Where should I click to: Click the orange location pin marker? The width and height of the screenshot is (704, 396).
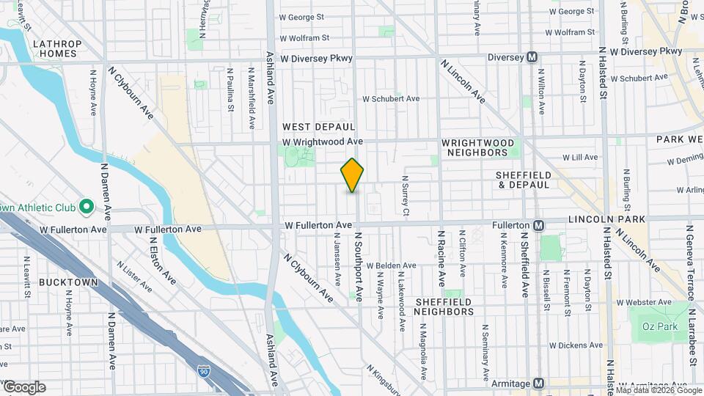coord(352,175)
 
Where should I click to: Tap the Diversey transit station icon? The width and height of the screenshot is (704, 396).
coord(533,57)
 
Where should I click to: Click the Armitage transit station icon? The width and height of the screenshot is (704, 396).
coord(539,384)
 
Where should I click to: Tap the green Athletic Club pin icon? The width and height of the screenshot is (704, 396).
coord(86,207)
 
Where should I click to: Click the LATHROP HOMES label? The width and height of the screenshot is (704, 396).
coord(57,49)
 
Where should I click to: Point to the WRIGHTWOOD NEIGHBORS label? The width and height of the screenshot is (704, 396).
coord(474,147)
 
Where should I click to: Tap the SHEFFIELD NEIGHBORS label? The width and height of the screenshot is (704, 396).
coord(444,307)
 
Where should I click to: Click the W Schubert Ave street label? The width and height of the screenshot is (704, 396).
coord(390,98)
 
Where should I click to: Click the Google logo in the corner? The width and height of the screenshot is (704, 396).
coord(24,387)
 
